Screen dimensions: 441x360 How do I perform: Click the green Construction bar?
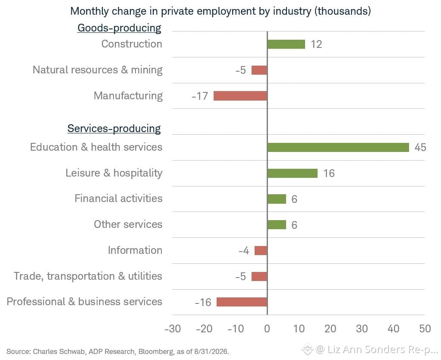click(287, 44)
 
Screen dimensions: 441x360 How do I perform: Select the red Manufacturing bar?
click(240, 96)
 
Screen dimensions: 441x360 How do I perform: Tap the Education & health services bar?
click(338, 147)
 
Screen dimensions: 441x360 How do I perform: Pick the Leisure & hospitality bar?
click(293, 173)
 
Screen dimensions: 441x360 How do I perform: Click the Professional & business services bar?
click(242, 302)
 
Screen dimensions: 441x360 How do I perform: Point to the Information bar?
click(261, 250)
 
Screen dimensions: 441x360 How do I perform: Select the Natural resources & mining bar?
click(259, 70)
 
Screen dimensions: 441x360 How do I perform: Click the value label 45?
click(420, 147)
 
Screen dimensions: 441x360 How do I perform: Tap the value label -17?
click(200, 96)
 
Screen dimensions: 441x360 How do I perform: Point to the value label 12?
click(316, 44)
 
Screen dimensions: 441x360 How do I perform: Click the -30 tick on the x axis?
click(173, 328)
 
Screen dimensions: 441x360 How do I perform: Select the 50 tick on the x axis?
click(425, 328)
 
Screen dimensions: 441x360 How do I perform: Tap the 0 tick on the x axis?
click(267, 328)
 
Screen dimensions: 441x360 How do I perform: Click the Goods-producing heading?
click(119, 28)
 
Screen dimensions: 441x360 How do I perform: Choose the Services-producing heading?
click(114, 129)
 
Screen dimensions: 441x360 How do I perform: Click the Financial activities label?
click(118, 199)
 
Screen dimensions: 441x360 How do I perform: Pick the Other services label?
click(128, 224)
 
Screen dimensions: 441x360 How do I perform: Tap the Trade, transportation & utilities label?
click(88, 276)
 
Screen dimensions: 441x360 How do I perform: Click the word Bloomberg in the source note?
click(156, 351)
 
